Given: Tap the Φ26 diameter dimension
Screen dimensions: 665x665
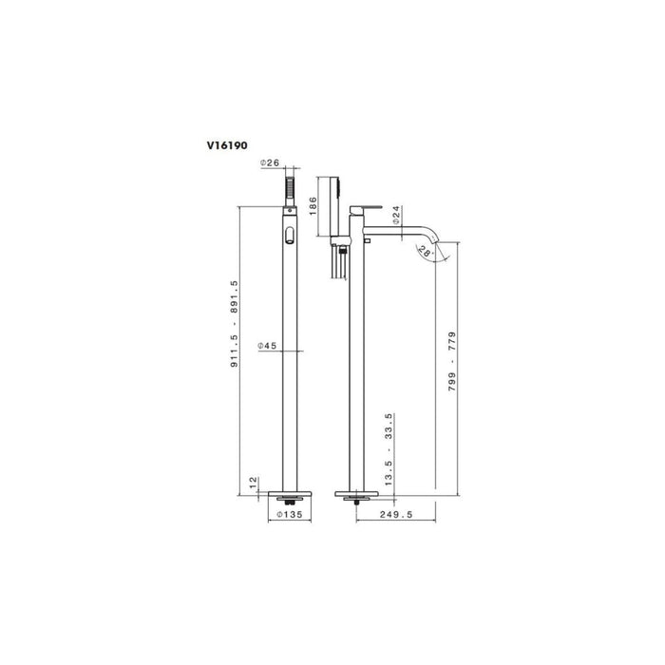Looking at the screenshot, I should click(x=272, y=163).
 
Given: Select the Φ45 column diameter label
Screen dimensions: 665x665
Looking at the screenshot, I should click(x=267, y=346).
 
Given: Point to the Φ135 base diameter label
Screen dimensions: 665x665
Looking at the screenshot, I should click(x=289, y=515).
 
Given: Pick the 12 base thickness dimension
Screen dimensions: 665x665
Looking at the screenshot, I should click(x=252, y=483).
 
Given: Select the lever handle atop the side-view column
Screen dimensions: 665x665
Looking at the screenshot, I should click(x=364, y=206).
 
